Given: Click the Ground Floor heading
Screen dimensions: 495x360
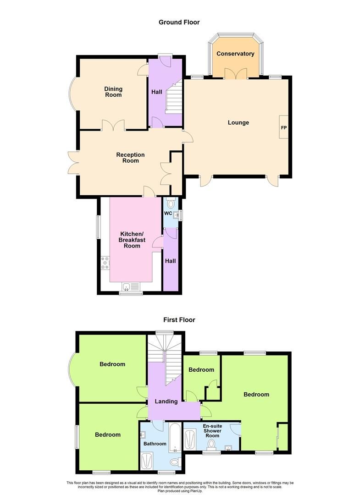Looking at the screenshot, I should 179,22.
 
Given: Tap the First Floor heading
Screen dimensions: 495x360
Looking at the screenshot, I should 179,320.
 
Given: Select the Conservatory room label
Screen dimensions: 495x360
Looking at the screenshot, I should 235,54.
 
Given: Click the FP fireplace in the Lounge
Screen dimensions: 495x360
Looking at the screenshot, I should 283,127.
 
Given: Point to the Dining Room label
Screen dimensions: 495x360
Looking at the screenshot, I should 113,92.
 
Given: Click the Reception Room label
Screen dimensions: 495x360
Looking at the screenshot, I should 130,158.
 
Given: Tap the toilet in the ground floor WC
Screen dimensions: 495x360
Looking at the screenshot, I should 171,203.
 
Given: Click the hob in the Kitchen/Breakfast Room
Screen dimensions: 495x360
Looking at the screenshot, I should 104,263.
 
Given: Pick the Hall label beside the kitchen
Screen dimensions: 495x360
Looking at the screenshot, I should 171,261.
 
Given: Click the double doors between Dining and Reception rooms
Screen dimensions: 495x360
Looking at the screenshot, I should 113,125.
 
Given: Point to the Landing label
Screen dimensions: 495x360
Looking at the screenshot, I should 166,401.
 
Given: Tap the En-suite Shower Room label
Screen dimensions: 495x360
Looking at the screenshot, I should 212,431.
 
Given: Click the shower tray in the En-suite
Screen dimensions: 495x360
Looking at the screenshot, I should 189,440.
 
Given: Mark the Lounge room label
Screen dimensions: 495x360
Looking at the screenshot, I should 238,122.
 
